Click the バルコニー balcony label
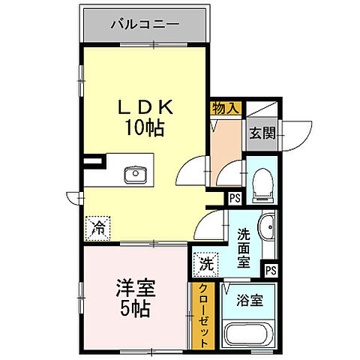(x=145, y=23)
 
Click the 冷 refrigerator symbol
(x=98, y=226)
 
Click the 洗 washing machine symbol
(x=205, y=264)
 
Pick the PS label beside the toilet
(x=235, y=198)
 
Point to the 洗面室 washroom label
(x=244, y=247)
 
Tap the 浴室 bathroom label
(x=250, y=301)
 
